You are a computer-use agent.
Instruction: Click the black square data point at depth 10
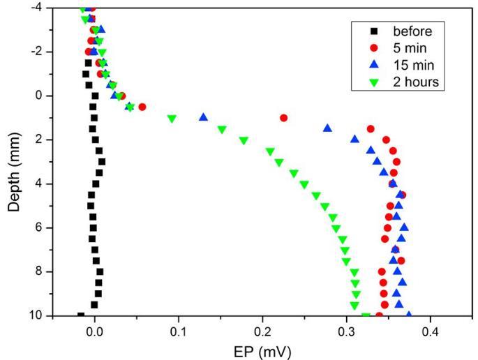81,315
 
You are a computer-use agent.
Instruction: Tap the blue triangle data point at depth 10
408,315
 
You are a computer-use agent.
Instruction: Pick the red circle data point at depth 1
283,118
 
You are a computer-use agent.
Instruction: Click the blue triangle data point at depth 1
204,117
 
